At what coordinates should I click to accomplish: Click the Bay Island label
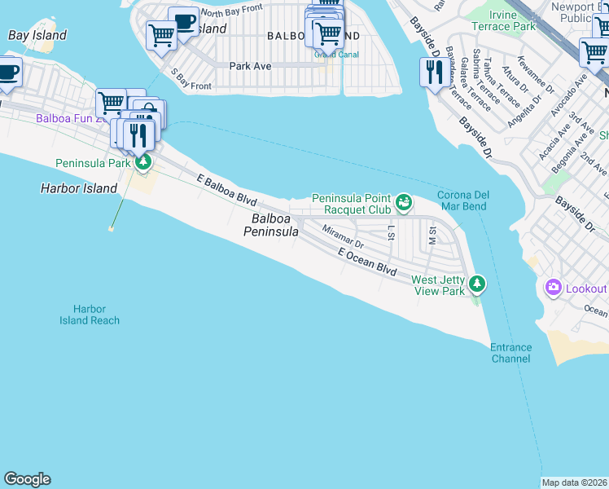[37, 36]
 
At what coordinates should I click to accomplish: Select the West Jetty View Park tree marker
[478, 284]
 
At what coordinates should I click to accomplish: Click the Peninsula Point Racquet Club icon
[403, 200]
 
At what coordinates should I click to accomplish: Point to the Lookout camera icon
[554, 288]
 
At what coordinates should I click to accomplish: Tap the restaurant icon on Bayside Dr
[432, 72]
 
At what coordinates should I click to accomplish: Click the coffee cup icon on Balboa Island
[184, 21]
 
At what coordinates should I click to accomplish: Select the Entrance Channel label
[510, 353]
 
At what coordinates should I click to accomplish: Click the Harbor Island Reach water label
[90, 315]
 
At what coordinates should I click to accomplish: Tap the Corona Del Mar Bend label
[462, 201]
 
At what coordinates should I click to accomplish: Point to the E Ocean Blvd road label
[367, 262]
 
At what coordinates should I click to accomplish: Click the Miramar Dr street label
[342, 237]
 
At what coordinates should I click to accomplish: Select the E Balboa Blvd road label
[227, 190]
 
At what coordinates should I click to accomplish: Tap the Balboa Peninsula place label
[271, 225]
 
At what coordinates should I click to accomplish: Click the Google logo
[27, 479]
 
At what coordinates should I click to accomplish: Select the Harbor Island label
[79, 188]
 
